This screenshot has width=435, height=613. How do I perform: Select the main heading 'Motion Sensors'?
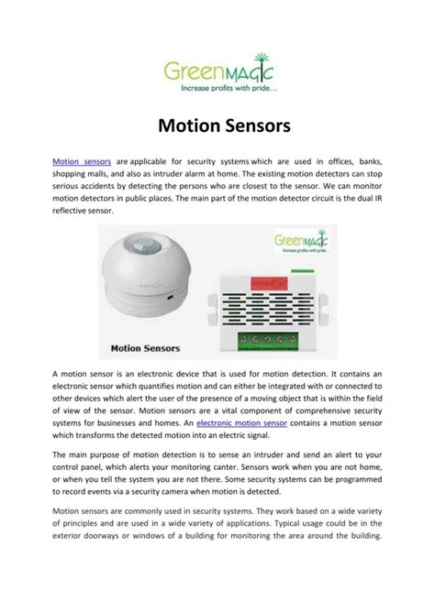(217, 123)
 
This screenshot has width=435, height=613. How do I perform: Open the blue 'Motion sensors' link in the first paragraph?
(82, 161)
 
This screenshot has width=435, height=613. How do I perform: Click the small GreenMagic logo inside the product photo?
(305, 245)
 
